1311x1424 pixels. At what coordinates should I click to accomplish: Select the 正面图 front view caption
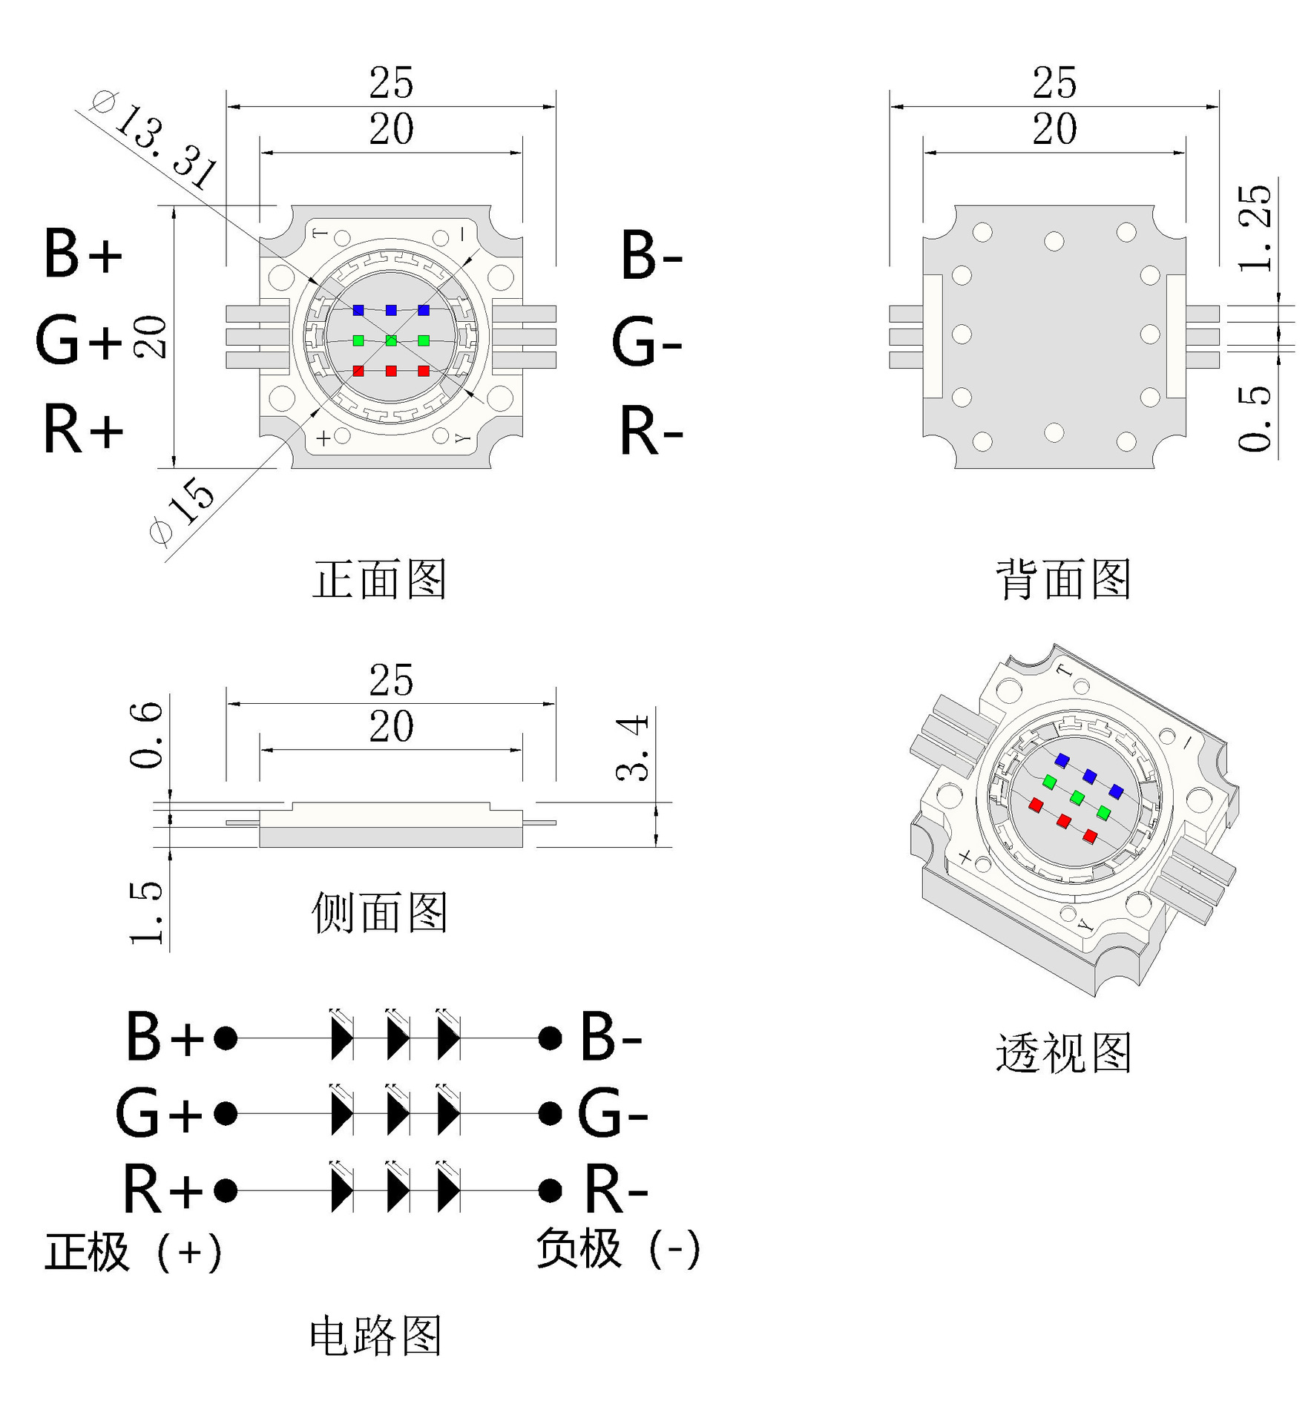(x=379, y=579)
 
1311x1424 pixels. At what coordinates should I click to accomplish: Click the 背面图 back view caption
(x=1063, y=579)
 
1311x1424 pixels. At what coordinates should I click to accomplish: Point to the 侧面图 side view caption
(x=379, y=912)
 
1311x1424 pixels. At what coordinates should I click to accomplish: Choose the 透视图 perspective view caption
(x=1063, y=1052)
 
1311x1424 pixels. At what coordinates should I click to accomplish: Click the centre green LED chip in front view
(x=391, y=340)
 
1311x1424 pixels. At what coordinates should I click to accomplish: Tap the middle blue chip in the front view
(x=391, y=310)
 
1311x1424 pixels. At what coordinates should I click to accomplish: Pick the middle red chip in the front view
(x=391, y=371)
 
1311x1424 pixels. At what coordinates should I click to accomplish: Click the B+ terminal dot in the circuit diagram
(x=226, y=1038)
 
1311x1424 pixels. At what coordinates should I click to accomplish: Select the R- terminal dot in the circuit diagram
(x=550, y=1190)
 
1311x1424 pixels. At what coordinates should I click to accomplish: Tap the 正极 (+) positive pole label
(x=134, y=1253)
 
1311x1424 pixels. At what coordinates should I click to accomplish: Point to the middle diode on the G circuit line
(x=398, y=1113)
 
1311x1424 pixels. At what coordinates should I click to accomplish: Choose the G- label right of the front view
(x=646, y=343)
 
